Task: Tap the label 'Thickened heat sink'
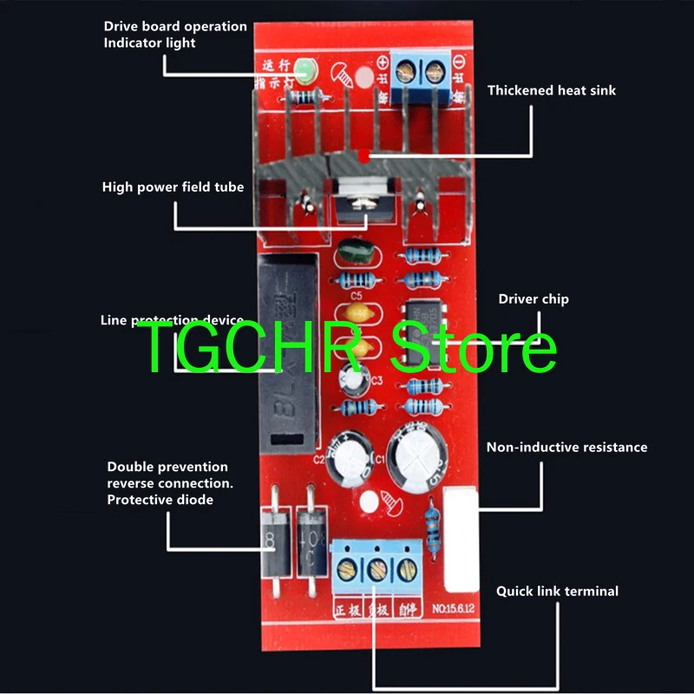(551, 90)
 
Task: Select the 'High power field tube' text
(173, 187)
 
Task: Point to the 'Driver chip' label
(534, 299)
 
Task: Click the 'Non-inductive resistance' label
(566, 448)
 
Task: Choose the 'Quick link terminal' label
(557, 591)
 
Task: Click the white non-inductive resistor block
(462, 538)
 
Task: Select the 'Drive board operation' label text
(175, 27)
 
